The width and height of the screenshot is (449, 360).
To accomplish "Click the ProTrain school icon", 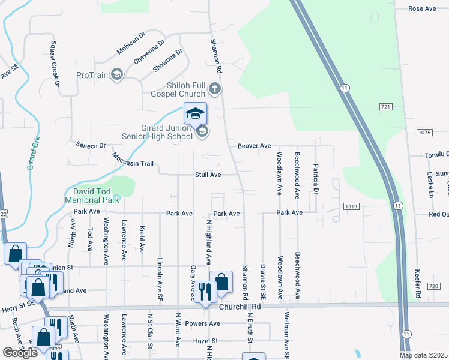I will [x=117, y=74].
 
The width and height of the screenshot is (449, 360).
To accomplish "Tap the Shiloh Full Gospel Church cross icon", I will [x=215, y=90].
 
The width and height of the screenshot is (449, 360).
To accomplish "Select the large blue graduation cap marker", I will [x=195, y=113].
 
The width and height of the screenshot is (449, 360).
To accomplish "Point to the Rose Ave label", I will [x=421, y=8].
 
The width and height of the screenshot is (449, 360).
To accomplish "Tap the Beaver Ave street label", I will [x=254, y=146].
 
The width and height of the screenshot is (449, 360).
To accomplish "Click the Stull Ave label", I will [x=208, y=175].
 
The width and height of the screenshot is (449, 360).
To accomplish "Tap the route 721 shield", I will [x=385, y=106].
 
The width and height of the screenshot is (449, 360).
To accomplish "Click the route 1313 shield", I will [x=352, y=206].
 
